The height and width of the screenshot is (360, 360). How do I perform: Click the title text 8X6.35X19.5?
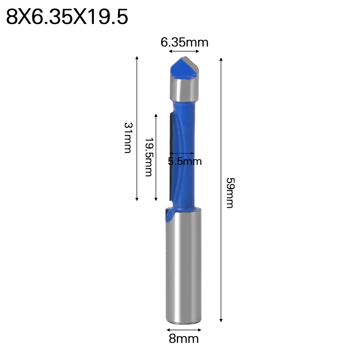pos(67,17)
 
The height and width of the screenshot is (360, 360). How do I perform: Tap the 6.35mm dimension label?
pos(184,43)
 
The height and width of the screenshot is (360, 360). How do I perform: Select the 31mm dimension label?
pos(128,138)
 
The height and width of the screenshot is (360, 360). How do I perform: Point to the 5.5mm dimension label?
pos(185,161)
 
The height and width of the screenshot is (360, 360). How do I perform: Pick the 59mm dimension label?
pos(229,192)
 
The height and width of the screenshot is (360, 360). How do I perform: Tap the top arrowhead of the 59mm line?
pos(221,59)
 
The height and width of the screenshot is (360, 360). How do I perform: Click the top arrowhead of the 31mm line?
pos(137,58)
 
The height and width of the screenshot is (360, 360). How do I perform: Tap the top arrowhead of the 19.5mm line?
pos(156,115)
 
